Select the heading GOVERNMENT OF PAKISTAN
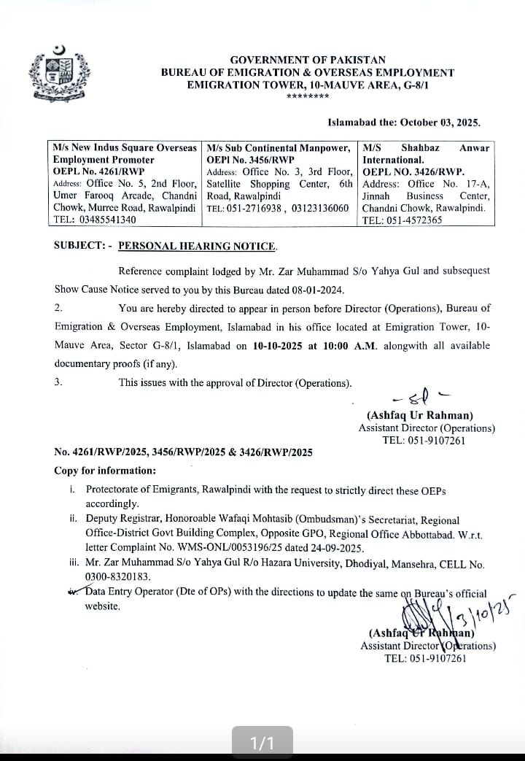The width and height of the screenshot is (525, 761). click(x=308, y=60)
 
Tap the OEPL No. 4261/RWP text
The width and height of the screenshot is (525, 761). click(x=98, y=171)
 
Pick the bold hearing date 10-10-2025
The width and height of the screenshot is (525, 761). click(x=275, y=346)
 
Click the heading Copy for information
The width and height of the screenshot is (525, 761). click(x=105, y=471)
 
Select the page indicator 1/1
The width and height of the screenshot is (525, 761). click(x=262, y=743)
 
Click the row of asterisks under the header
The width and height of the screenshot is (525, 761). click(x=307, y=97)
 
